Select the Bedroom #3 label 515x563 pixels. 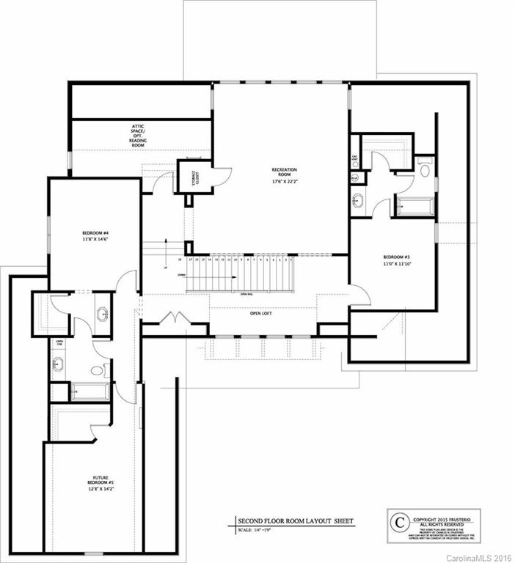(x=395, y=260)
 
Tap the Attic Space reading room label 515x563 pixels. (x=138, y=136)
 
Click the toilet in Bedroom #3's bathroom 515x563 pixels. (x=424, y=168)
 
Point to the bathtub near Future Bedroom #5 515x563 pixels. (x=90, y=392)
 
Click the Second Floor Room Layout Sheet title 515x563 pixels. (x=296, y=521)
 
